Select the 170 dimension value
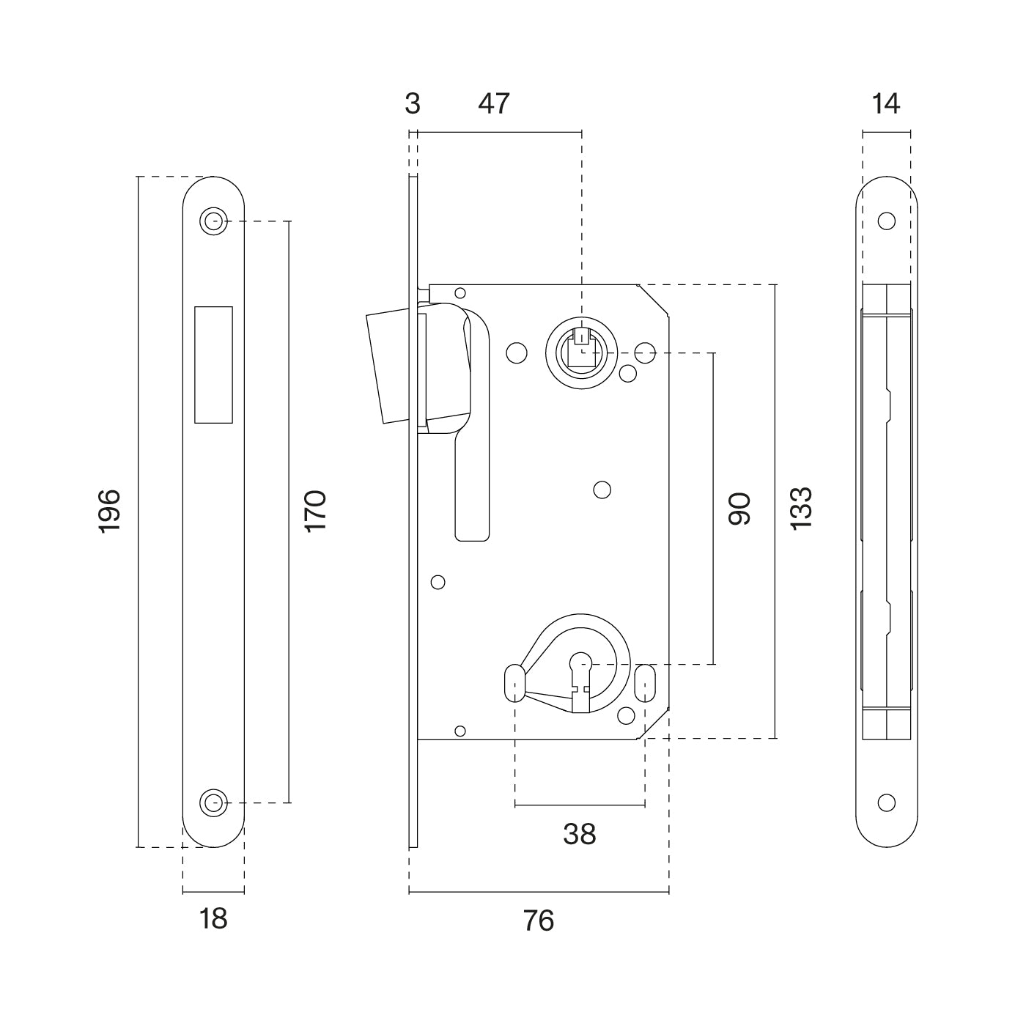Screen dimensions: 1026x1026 (x=315, y=511)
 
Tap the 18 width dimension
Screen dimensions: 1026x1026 (x=213, y=918)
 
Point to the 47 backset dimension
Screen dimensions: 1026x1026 (x=493, y=104)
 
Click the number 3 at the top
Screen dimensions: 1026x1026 (x=413, y=104)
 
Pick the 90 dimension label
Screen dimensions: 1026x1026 (x=739, y=509)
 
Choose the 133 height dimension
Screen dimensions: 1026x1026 (x=801, y=508)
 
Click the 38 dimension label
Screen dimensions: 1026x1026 (x=580, y=833)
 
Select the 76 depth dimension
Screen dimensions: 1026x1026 (x=539, y=920)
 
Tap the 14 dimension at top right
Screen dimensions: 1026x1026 (x=886, y=104)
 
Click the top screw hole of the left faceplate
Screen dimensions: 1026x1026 (x=213, y=221)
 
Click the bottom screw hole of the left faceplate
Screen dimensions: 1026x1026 (x=213, y=802)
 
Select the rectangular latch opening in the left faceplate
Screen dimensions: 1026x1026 (x=213, y=364)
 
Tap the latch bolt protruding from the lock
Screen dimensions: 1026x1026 (x=392, y=366)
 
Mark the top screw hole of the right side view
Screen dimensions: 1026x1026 (x=887, y=221)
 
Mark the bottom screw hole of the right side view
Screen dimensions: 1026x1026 (x=887, y=802)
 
